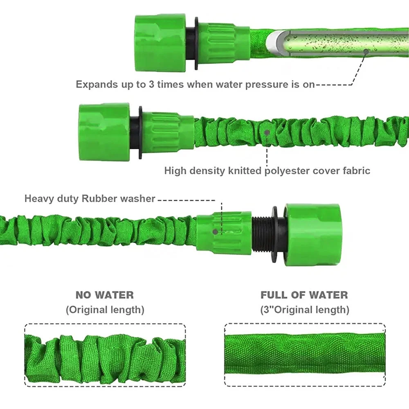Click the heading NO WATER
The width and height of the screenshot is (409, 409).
104,295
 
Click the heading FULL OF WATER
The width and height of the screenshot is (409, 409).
304,295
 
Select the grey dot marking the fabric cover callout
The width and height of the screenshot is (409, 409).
267,133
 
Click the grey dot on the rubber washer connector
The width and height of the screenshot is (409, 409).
216,231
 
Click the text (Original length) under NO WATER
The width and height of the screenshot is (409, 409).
105,310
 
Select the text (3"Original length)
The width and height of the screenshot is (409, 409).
305,310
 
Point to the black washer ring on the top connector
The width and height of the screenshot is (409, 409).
197,43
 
